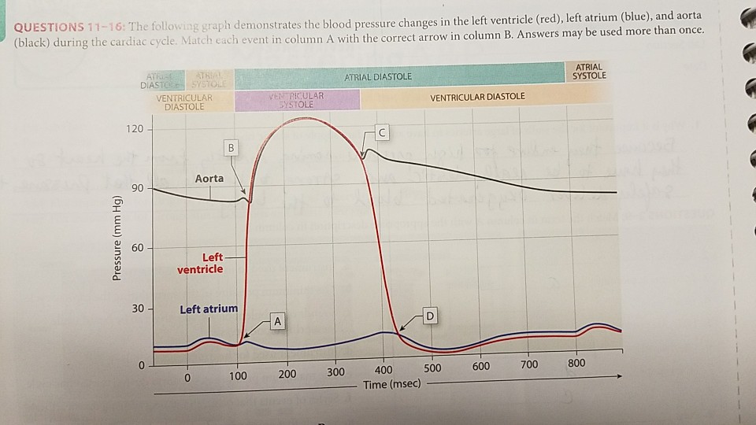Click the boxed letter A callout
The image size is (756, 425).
click(x=276, y=320)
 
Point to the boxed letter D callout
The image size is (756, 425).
click(x=429, y=316)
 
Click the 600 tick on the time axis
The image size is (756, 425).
click(x=480, y=367)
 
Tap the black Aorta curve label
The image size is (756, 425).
click(x=209, y=179)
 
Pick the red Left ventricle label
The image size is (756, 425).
click(x=202, y=263)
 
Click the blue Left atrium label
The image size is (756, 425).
click(x=208, y=309)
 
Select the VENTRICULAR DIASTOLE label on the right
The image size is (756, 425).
click(x=478, y=97)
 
